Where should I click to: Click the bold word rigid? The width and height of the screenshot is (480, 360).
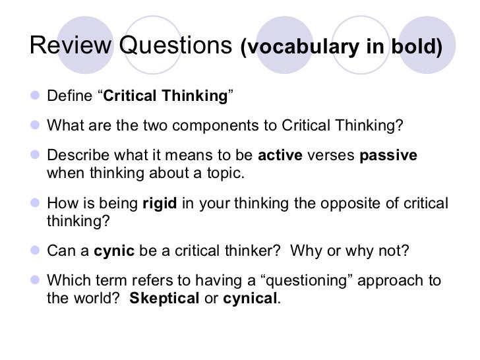pyautogui.click(x=160, y=204)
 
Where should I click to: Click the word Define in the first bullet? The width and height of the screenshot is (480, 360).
pyautogui.click(x=69, y=96)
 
